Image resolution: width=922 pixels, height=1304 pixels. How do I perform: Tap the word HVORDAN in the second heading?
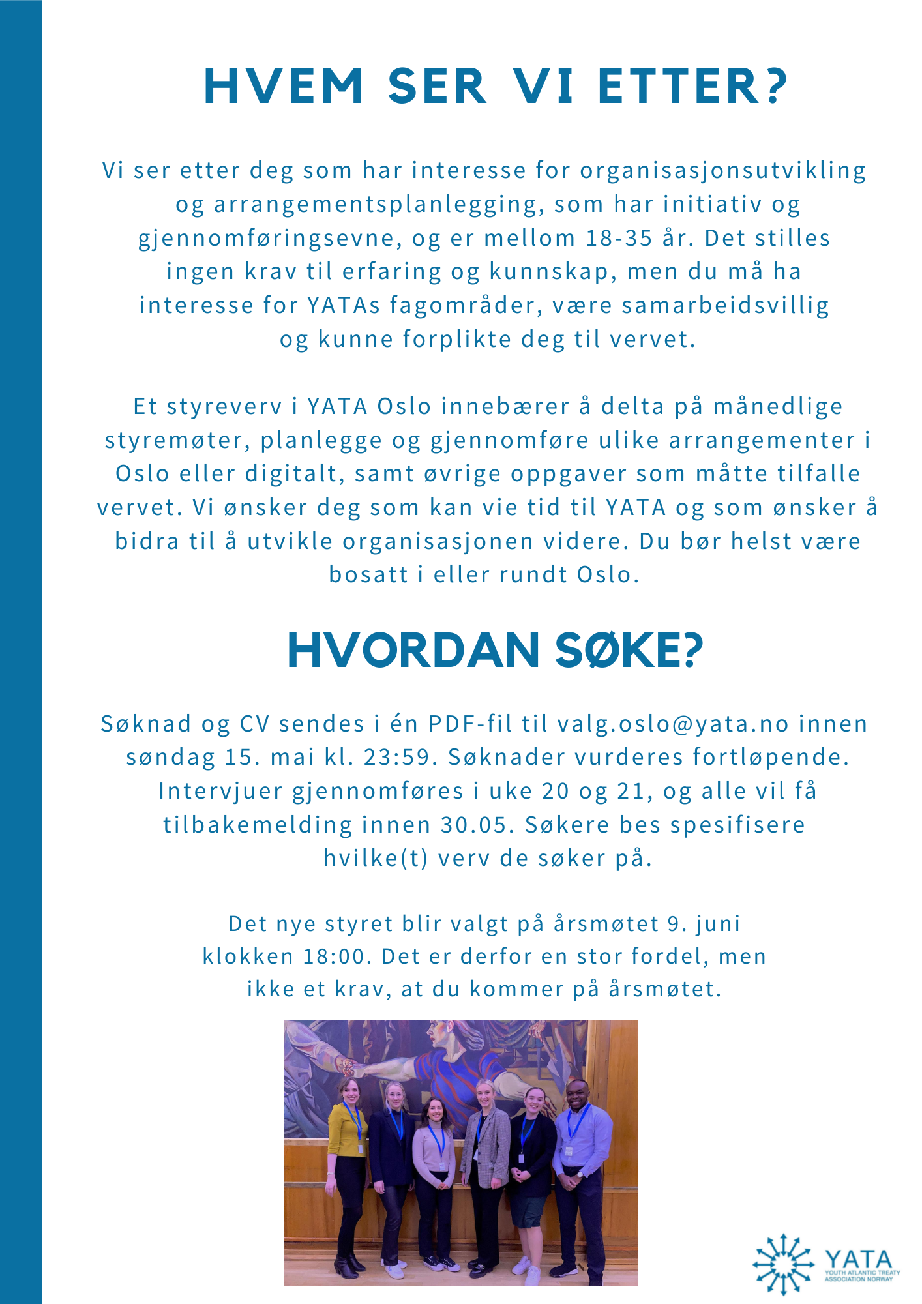click(x=413, y=651)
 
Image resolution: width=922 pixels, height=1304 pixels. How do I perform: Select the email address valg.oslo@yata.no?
click(x=673, y=724)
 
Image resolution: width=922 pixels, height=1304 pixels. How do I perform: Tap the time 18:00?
click(x=333, y=956)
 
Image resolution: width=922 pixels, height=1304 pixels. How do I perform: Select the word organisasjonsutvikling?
click(x=723, y=170)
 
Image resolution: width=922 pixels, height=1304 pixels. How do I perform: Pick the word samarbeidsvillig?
click(x=725, y=305)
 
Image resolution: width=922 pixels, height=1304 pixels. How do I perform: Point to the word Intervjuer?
click(x=220, y=791)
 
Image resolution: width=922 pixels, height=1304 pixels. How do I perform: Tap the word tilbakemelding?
click(x=258, y=825)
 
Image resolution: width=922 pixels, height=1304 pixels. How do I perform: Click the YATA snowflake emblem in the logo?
click(x=782, y=1264)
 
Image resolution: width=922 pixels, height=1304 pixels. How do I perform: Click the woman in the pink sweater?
click(x=434, y=1154)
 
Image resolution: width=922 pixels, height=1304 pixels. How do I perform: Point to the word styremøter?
click(x=177, y=441)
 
